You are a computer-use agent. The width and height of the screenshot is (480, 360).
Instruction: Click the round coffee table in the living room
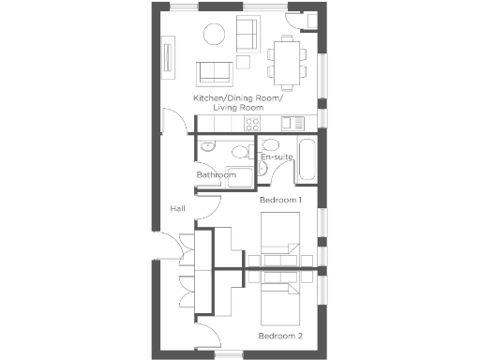pyautogui.click(x=214, y=36)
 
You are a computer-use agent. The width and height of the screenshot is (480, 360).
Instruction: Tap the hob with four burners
pyautogui.click(x=252, y=123)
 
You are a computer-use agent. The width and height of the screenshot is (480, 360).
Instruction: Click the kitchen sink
pyautogui.click(x=290, y=123)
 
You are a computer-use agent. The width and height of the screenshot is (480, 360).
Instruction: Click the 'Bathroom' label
pyautogui.click(x=216, y=175)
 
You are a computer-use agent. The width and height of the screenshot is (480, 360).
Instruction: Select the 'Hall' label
pyautogui.click(x=177, y=208)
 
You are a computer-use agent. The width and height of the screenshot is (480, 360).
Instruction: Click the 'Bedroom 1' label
pyautogui.click(x=280, y=201)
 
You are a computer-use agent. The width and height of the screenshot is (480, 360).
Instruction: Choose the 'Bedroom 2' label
pyautogui.click(x=280, y=335)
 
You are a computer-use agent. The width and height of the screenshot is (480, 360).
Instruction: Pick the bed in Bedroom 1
pyautogui.click(x=279, y=239)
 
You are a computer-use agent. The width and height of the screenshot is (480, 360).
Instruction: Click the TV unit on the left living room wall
pyautogui.click(x=169, y=56)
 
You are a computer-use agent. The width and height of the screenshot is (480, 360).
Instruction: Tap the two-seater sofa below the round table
pyautogui.click(x=215, y=72)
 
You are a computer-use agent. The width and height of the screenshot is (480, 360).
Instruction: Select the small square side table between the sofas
pyautogui.click(x=242, y=62)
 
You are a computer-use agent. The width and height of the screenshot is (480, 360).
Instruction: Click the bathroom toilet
pyautogui.click(x=240, y=153)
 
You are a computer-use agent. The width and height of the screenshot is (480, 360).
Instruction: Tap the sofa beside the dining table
pyautogui.click(x=248, y=35)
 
